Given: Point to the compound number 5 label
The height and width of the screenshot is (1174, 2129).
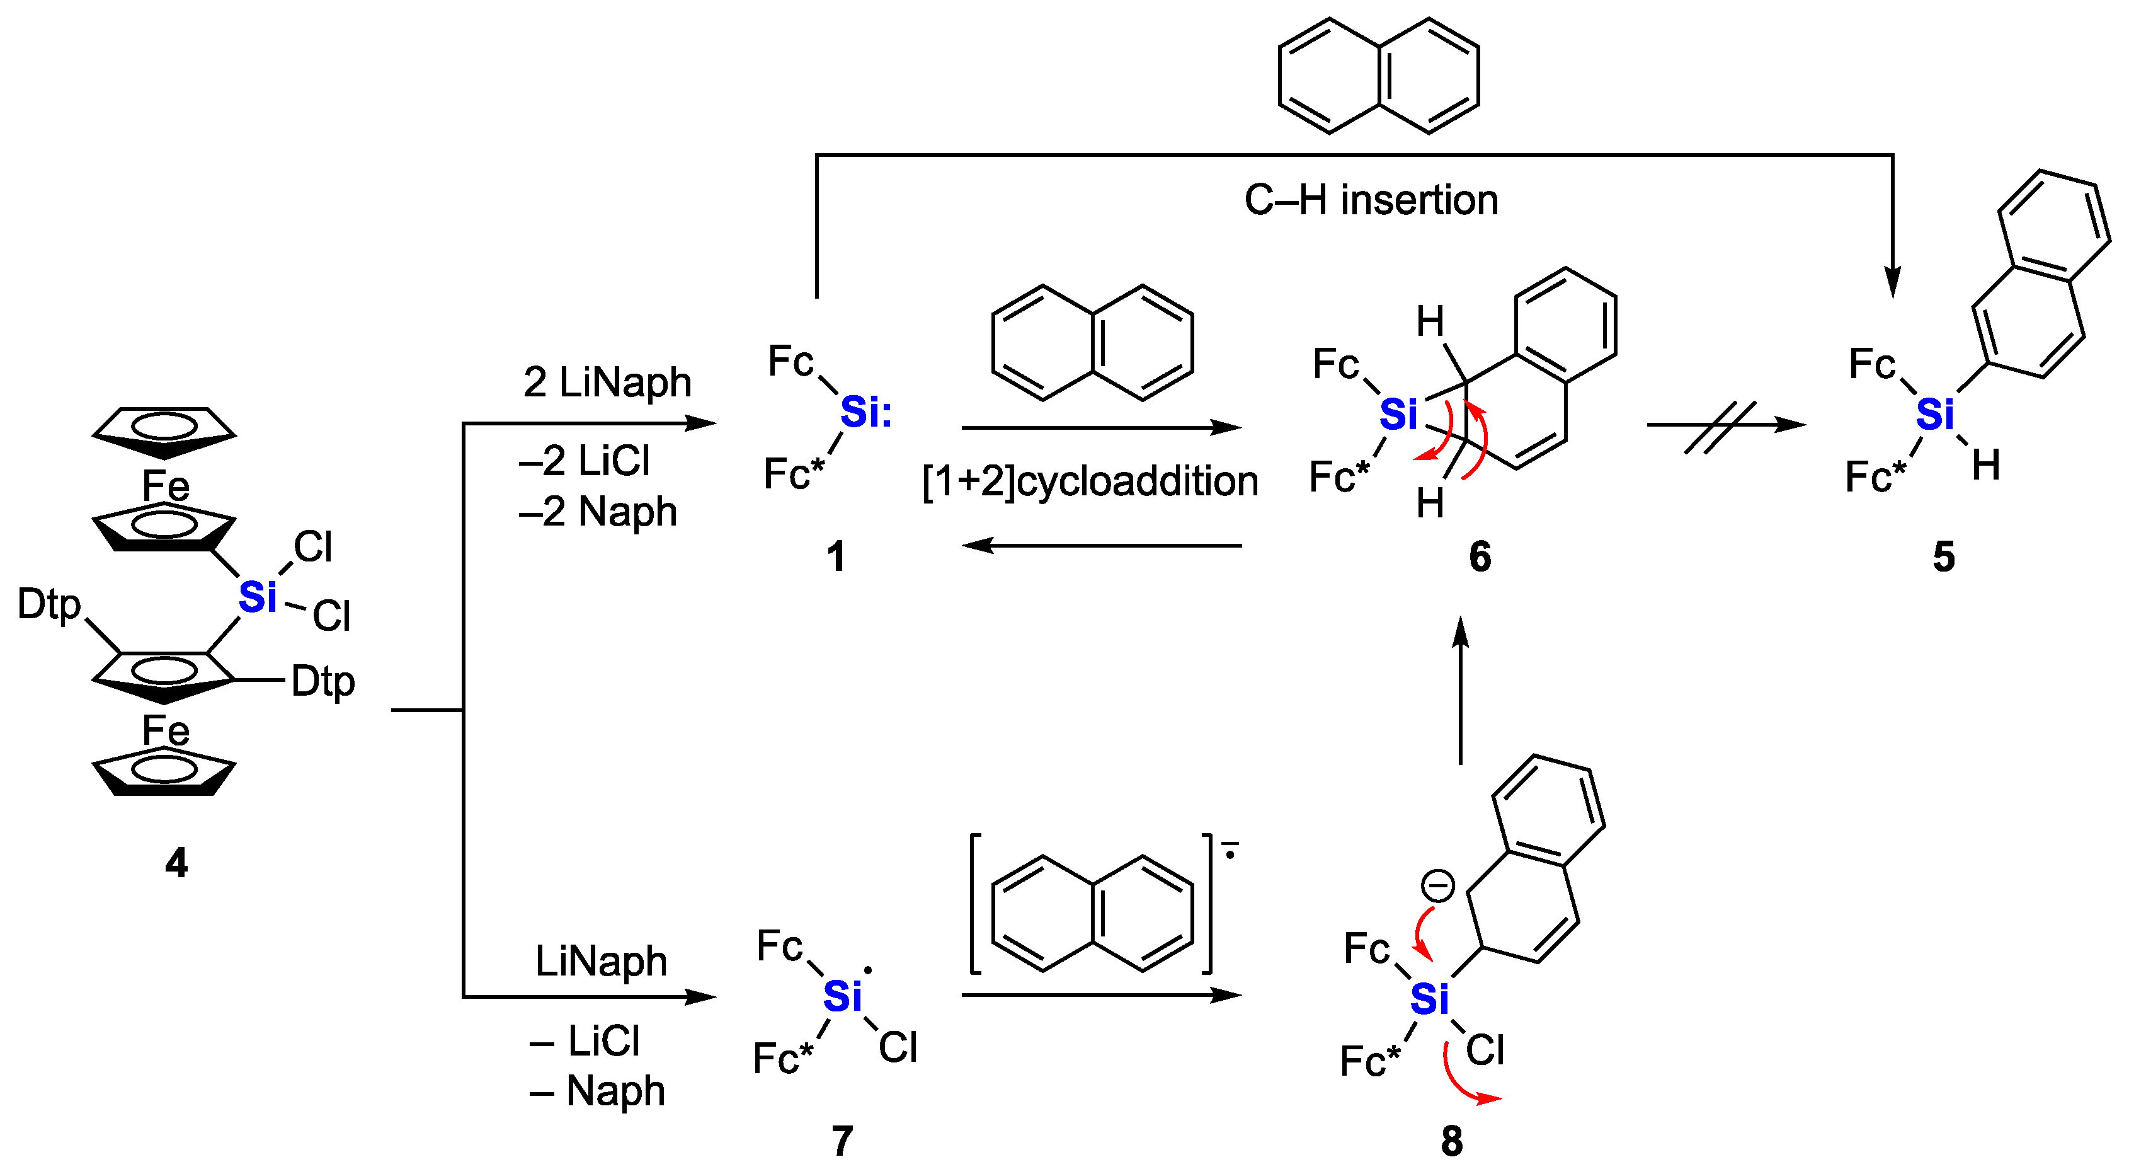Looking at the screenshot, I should tap(1944, 556).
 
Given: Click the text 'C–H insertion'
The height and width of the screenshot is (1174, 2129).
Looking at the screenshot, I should tap(1371, 200).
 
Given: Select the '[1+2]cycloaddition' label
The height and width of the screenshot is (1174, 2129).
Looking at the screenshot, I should tap(1090, 481).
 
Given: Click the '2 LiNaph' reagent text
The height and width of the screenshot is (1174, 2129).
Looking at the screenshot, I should tap(607, 382).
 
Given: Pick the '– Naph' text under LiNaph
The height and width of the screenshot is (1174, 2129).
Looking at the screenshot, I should tap(598, 1091).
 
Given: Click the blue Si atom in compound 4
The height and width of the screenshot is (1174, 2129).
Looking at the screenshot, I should tap(257, 597).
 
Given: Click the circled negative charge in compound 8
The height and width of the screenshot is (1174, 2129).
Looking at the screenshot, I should tap(1437, 885).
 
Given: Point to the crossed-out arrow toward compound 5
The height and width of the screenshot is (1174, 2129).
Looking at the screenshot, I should tap(1723, 426).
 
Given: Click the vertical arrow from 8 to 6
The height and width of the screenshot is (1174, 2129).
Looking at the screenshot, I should tap(1461, 690).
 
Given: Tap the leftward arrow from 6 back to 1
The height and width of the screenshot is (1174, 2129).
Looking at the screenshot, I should tap(1102, 546).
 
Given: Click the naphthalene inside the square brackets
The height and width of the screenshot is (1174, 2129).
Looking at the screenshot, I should tap(1092, 912).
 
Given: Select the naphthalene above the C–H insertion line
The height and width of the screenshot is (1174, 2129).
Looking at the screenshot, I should tap(1379, 76).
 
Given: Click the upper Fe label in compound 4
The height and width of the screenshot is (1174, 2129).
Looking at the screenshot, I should tap(165, 485).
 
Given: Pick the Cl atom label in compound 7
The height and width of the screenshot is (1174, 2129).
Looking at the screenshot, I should tap(898, 1047).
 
